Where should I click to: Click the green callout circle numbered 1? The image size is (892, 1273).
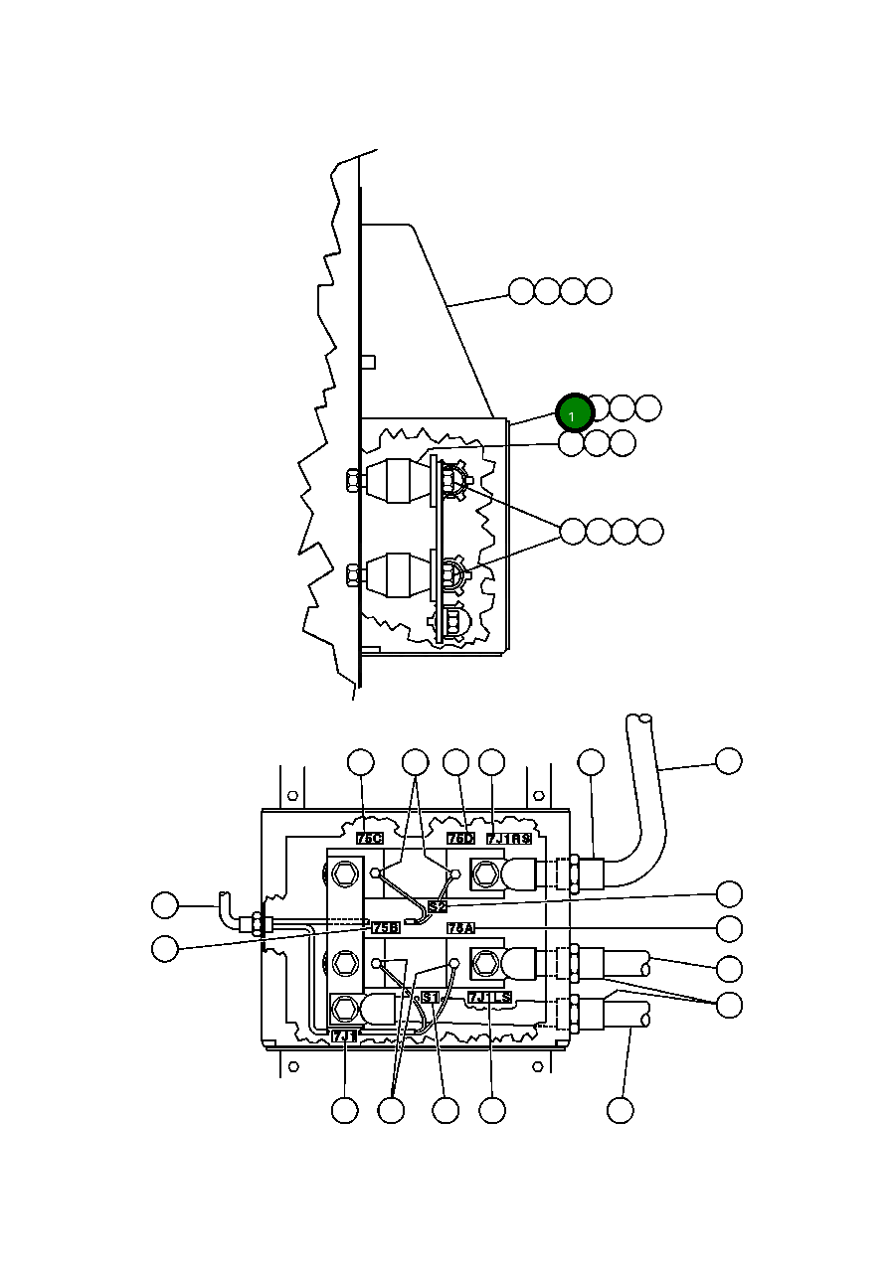pos(575,412)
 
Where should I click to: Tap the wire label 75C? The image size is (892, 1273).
pos(370,838)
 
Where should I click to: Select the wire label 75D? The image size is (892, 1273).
pos(460,838)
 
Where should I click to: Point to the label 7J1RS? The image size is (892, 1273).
pos(508,838)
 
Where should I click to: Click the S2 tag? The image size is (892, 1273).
pos(438,906)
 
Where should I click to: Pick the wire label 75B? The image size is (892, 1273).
pos(386,927)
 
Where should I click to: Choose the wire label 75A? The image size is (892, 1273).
pos(460,927)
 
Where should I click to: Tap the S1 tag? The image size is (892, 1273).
pos(430,997)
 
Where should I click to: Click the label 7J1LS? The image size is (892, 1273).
pos(489,997)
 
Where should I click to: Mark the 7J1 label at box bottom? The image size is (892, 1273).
pos(344,1035)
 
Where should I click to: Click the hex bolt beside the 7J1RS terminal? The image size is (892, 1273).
pos(485,875)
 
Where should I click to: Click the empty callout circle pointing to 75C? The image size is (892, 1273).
pos(360,762)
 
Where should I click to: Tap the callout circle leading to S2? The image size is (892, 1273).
pos(729,892)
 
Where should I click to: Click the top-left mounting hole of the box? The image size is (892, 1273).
pos(292,796)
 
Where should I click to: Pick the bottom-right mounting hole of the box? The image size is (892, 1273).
pos(538,1066)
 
